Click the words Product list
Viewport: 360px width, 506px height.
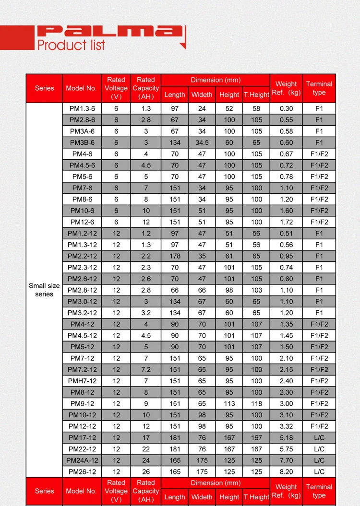pos(71,46)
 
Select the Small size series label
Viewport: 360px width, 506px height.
pos(44,290)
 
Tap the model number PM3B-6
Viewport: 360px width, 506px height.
pos(82,142)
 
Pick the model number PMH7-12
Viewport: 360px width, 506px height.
pos(82,381)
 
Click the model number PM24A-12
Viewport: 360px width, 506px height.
pos(82,460)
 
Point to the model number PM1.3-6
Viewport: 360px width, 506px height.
pos(82,108)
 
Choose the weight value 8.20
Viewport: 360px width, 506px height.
pos(286,471)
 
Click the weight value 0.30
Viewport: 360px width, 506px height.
pos(286,108)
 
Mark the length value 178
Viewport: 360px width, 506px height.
pos(175,256)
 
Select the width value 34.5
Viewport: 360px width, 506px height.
pos(202,142)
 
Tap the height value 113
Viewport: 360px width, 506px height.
pos(229,404)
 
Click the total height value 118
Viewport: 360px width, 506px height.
pos(256,404)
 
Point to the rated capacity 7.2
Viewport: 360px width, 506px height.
pos(146,370)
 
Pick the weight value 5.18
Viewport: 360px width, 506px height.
pos(286,438)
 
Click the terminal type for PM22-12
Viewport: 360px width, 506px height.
pos(319,449)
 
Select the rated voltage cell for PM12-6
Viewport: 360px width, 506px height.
pos(116,222)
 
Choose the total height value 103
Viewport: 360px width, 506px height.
pos(256,290)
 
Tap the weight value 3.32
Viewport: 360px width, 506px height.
pos(286,426)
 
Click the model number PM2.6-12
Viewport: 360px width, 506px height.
pos(82,279)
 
